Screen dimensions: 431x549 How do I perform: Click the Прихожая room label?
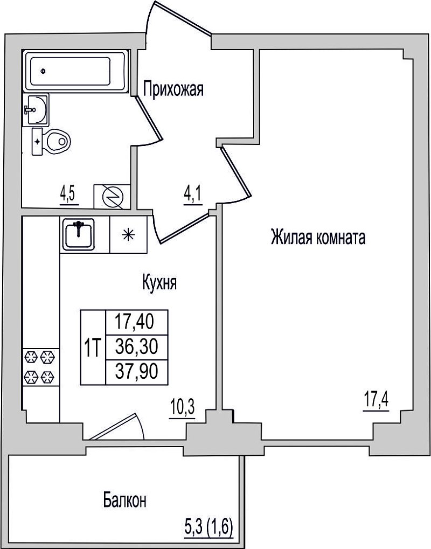click(x=173, y=89)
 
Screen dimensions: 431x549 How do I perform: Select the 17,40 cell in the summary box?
click(x=136, y=322)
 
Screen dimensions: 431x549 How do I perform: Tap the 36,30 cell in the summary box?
click(x=136, y=347)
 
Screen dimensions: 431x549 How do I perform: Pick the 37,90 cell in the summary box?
click(x=136, y=372)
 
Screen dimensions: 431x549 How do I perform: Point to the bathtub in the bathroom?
click(x=77, y=72)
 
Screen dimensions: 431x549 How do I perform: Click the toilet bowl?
click(x=52, y=142)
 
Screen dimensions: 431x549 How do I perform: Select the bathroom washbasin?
click(x=36, y=109)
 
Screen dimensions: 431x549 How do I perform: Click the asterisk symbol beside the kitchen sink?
click(x=128, y=234)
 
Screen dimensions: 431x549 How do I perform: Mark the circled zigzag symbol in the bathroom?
click(x=112, y=197)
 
